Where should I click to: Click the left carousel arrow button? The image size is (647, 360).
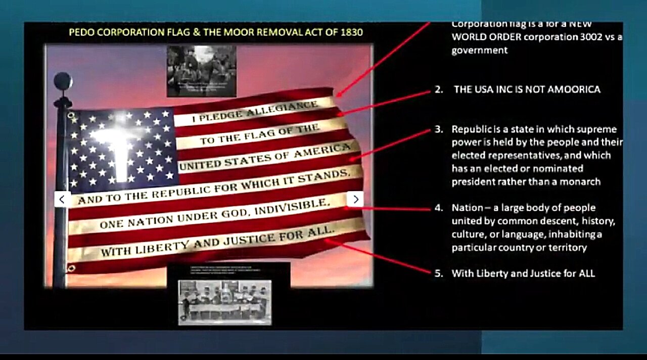pyautogui.click(x=62, y=199)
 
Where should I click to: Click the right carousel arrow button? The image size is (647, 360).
pyautogui.click(x=355, y=199)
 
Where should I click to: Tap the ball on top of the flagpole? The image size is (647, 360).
pyautogui.click(x=63, y=80)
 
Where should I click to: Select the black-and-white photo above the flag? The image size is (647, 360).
pyautogui.click(x=202, y=71)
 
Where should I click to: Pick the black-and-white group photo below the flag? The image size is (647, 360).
pyautogui.click(x=224, y=302)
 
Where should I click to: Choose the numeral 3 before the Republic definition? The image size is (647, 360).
pyautogui.click(x=438, y=129)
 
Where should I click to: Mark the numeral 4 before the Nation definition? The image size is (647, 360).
pyautogui.click(x=438, y=208)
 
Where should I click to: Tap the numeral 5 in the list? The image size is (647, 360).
pyautogui.click(x=438, y=274)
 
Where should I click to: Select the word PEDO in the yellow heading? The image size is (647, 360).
pyautogui.click(x=81, y=33)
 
